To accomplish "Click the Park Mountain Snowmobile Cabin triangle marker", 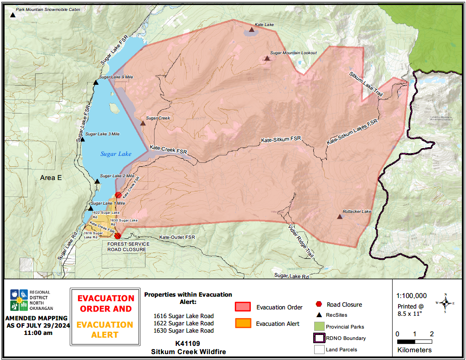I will (x=12, y=15).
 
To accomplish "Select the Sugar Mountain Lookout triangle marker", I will (x=267, y=58).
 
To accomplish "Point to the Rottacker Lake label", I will (x=357, y=211).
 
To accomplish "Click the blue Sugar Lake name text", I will (x=116, y=154).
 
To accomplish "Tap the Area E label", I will (x=51, y=178).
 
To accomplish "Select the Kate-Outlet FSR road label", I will (x=177, y=237).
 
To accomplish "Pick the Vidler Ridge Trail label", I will (x=301, y=242).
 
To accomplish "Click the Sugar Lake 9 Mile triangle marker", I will (x=96, y=82).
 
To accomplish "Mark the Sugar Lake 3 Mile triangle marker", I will (x=83, y=139).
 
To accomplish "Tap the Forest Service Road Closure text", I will (x=127, y=247).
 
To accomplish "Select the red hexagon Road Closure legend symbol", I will (x=319, y=304).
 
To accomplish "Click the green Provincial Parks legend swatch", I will (x=319, y=327).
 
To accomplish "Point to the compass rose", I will (x=445, y=303).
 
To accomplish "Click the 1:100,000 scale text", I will (x=412, y=296).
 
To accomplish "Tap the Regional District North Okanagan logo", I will (x=20, y=300).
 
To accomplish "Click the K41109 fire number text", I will (x=188, y=343).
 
